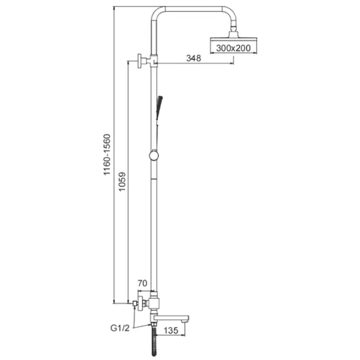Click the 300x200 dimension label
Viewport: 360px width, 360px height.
(x=233, y=48)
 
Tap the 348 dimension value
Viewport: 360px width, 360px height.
(x=194, y=58)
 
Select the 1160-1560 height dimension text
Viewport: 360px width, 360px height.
(x=107, y=155)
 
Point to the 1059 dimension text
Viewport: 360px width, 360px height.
(x=122, y=181)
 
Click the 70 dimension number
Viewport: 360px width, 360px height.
(x=142, y=283)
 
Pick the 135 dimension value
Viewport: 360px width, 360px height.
(x=171, y=331)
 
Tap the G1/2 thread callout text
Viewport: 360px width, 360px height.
(x=120, y=328)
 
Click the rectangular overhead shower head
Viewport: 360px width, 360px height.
(x=233, y=40)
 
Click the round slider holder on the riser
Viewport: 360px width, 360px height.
(x=154, y=155)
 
